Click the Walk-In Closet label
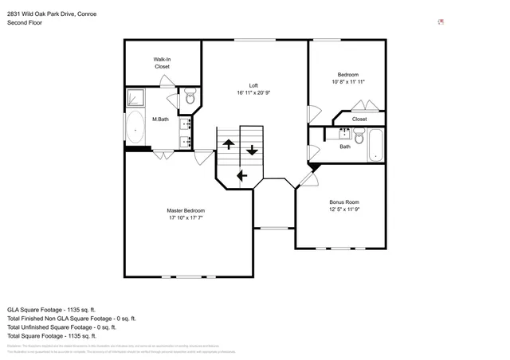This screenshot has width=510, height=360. tap(163, 63)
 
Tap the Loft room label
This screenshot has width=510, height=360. tap(253, 89)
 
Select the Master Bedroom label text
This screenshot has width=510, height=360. tap(186, 213)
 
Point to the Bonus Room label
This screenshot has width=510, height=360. tap(344, 205)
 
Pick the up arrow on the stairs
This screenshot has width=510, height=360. tap(228, 144)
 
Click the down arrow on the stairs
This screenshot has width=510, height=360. tap(253, 148)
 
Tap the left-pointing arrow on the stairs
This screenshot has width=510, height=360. tap(241, 176)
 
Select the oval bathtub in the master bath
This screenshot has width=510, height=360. tap(135, 127)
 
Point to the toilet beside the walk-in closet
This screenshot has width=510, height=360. tap(190, 98)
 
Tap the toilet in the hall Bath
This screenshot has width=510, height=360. tap(359, 137)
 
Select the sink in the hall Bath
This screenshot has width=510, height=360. tap(345, 133)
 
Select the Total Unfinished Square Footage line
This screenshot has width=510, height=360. tap(61, 327)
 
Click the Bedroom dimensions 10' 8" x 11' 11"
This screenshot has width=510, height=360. tap(347, 81)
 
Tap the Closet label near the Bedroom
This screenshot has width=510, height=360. tap(359, 119)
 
